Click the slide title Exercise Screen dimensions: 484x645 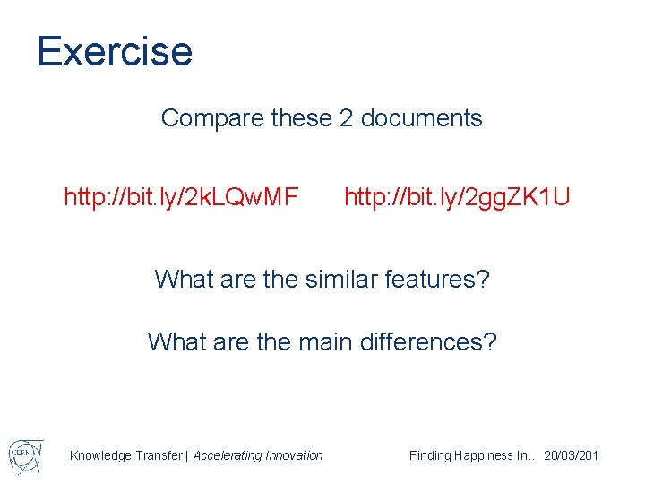tap(115, 51)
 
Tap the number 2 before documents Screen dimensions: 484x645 tap(346, 118)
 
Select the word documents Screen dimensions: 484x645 tap(421, 118)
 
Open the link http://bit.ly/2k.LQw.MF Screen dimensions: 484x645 tap(181, 195)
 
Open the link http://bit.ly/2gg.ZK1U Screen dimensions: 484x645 tap(456, 195)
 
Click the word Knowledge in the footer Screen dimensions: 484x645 tap(99, 455)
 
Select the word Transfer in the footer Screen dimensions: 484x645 tap(157, 455)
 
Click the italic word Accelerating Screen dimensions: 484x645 tap(228, 455)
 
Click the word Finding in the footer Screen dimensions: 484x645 tap(430, 455)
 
